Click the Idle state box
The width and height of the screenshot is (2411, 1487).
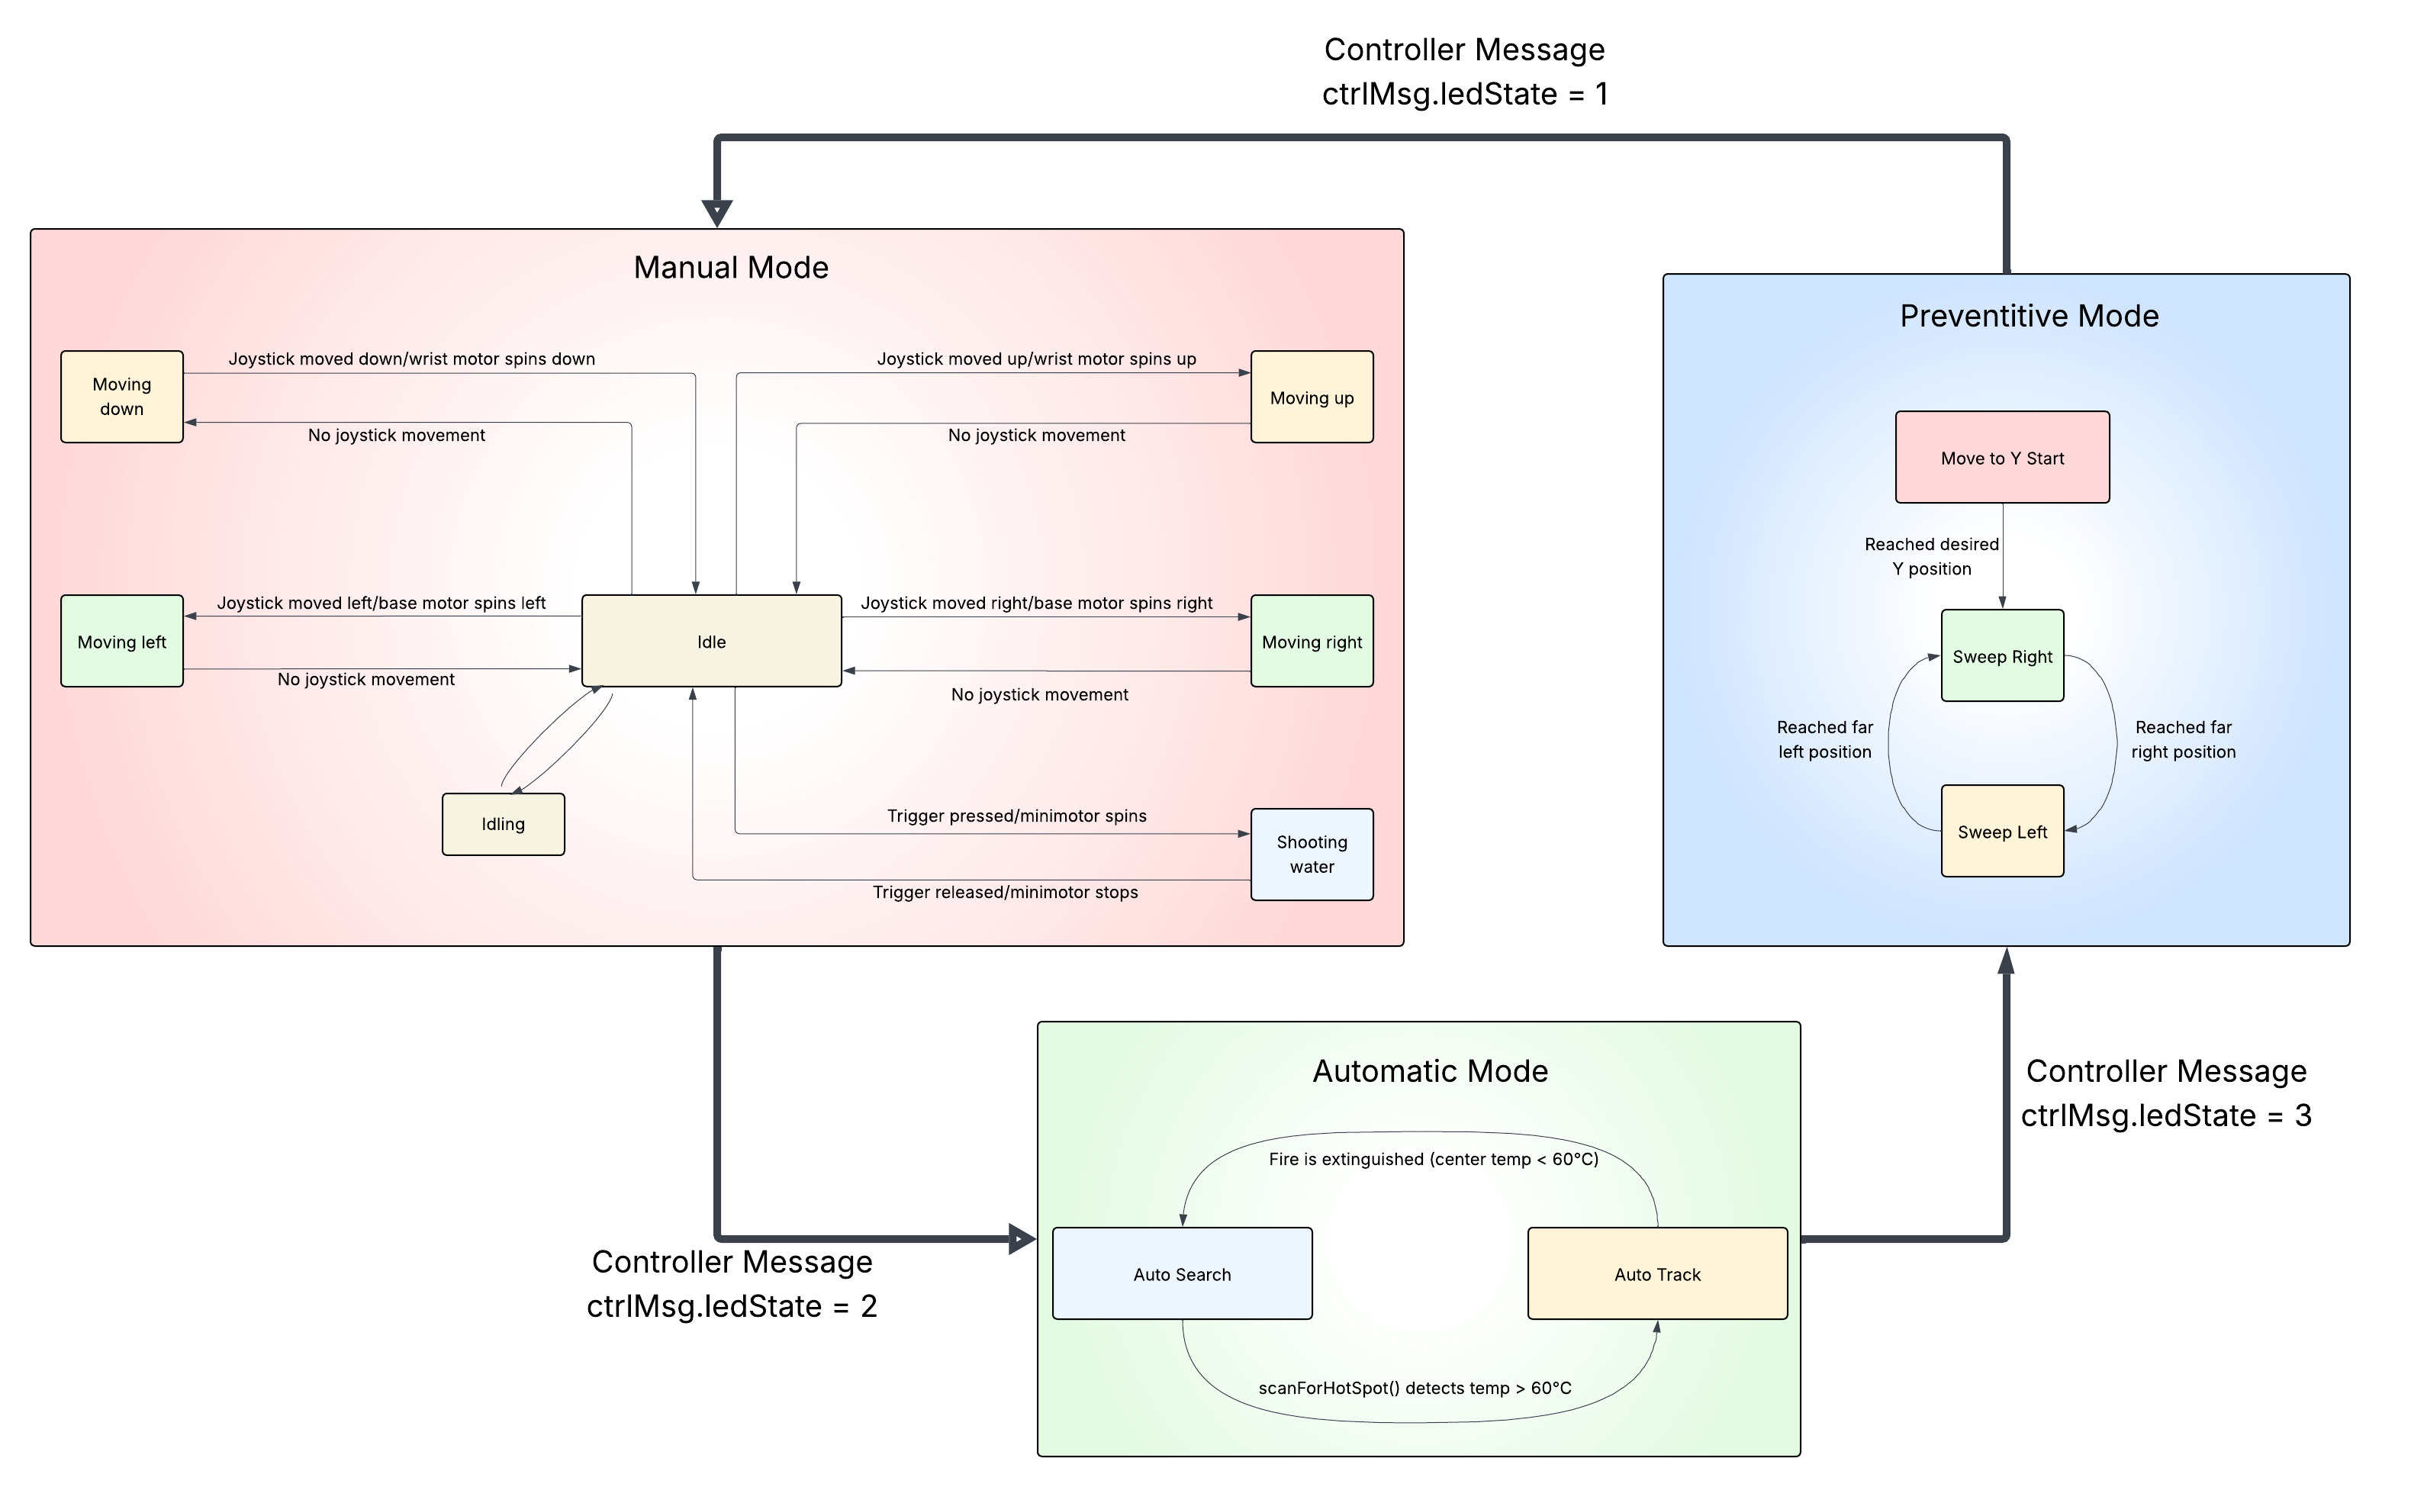click(711, 641)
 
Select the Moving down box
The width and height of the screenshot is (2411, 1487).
click(122, 396)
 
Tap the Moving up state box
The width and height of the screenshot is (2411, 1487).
click(1312, 397)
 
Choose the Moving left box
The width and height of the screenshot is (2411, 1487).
click(122, 641)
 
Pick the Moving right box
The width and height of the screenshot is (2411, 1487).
click(1312, 641)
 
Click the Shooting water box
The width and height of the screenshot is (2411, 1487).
click(1312, 854)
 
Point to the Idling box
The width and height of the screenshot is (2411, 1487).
click(503, 824)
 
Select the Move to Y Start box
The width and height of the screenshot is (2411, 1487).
click(2002, 457)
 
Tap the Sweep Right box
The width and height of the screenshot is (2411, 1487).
click(2002, 656)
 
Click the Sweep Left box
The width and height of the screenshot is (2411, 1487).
click(2002, 831)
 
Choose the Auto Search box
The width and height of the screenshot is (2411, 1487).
click(1182, 1273)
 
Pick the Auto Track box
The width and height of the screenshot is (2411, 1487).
click(1657, 1273)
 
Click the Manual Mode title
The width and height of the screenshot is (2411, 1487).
click(731, 268)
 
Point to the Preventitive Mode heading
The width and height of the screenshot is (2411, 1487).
click(2029, 316)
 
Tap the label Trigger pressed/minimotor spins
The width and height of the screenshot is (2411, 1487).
click(1017, 816)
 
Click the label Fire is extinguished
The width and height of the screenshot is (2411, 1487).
click(1433, 1158)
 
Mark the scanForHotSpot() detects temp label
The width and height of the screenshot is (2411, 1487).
click(1414, 1388)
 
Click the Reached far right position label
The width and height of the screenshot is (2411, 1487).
click(2183, 739)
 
